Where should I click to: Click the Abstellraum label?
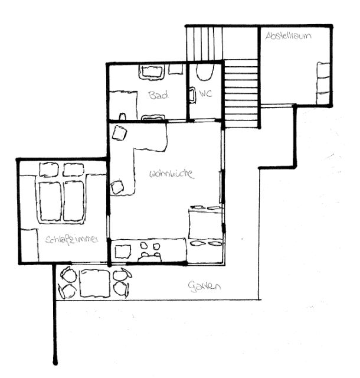(x=288, y=36)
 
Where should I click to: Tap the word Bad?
(x=159, y=95)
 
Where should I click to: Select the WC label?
(x=205, y=93)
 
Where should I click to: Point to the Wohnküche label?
(x=172, y=174)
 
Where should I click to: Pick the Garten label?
(x=204, y=287)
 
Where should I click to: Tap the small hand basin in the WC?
(x=192, y=95)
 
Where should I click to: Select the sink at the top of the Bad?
(x=152, y=72)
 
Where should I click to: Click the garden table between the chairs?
(x=94, y=283)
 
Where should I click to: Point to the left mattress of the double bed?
(x=51, y=201)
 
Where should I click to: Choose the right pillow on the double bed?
(x=74, y=170)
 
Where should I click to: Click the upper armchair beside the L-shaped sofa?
(x=120, y=133)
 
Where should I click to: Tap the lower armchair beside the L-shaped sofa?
(x=117, y=188)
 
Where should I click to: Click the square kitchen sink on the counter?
(x=123, y=252)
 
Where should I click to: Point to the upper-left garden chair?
(x=69, y=274)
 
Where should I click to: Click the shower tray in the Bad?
(x=123, y=105)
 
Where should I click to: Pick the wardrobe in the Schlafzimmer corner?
(x=30, y=246)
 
